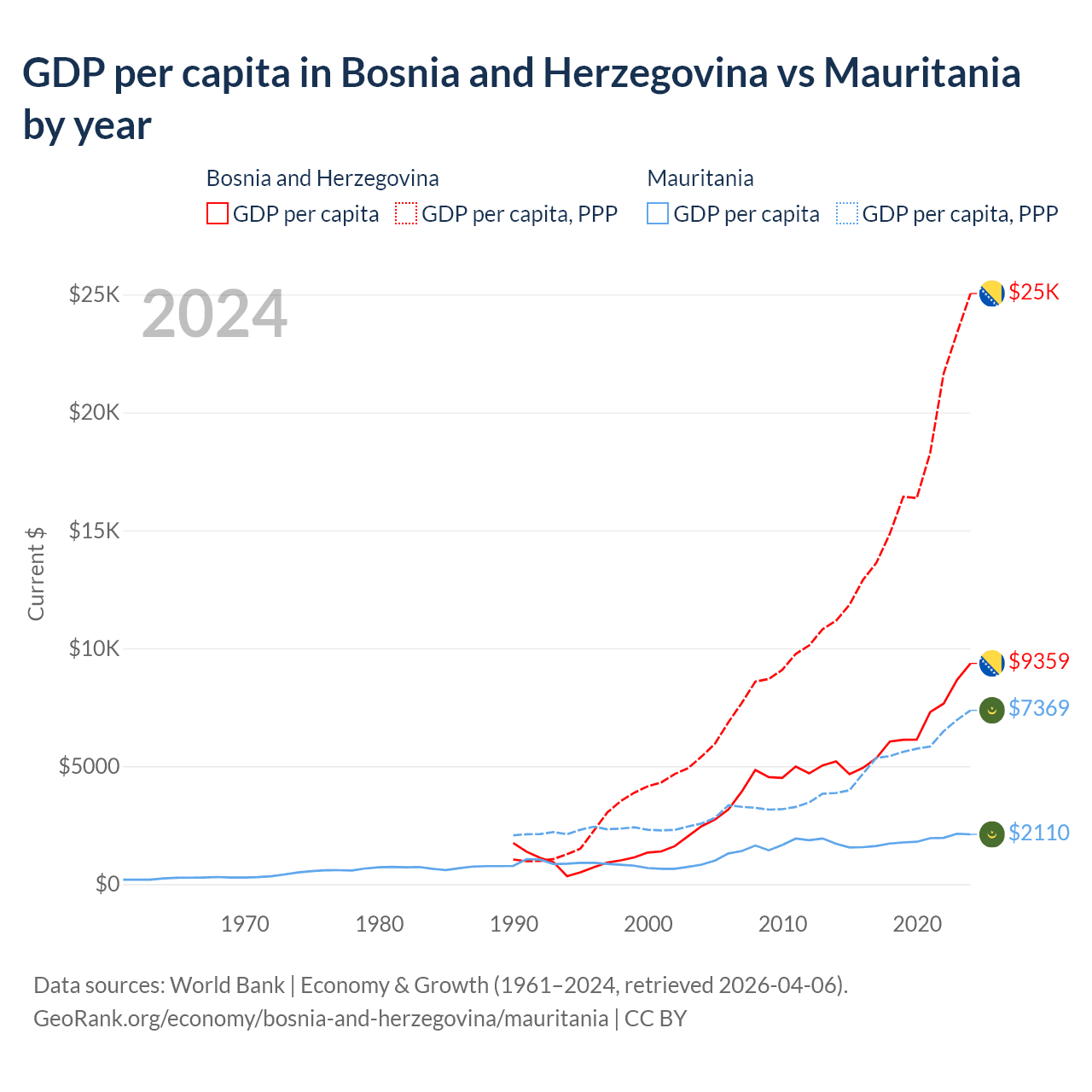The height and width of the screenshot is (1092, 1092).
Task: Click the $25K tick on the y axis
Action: (x=94, y=295)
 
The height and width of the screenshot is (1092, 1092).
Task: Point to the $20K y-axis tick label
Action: (x=94, y=413)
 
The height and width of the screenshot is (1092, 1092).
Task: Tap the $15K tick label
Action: (x=94, y=531)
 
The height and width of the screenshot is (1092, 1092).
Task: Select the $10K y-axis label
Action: (x=94, y=648)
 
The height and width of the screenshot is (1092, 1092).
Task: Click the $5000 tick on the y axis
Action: (x=89, y=766)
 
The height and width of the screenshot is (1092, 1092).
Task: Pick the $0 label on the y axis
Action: (x=107, y=884)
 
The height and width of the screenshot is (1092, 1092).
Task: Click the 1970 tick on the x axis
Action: (x=245, y=924)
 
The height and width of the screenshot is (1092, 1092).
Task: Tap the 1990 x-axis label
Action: (x=514, y=924)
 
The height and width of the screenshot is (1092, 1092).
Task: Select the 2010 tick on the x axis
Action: (x=783, y=924)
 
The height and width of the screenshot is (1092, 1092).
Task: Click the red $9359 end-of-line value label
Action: (x=1038, y=661)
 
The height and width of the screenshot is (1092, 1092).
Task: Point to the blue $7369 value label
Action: (x=1038, y=708)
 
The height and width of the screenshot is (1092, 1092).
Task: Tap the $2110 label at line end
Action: (x=1038, y=833)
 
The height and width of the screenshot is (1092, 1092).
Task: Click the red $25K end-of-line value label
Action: (x=1033, y=293)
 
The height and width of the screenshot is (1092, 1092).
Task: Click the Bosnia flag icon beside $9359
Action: (x=991, y=663)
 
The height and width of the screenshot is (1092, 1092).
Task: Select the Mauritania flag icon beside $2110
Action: (x=991, y=834)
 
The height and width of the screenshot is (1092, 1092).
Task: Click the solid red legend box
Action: (x=218, y=213)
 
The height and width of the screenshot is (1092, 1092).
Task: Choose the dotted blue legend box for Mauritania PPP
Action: (x=847, y=213)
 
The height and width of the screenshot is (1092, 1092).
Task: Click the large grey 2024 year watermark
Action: (x=214, y=315)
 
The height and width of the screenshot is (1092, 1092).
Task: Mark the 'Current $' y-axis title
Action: (x=36, y=573)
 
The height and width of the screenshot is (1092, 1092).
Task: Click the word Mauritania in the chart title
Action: (x=921, y=73)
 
